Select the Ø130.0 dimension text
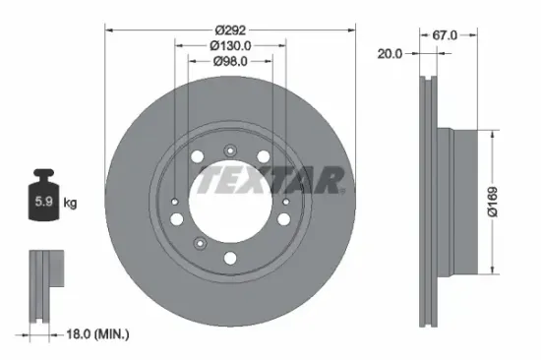point(230,44)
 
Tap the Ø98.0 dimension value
point(230,61)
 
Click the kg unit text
point(70,204)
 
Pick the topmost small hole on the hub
point(229,150)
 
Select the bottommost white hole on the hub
point(229,259)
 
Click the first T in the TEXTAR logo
point(209,181)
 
